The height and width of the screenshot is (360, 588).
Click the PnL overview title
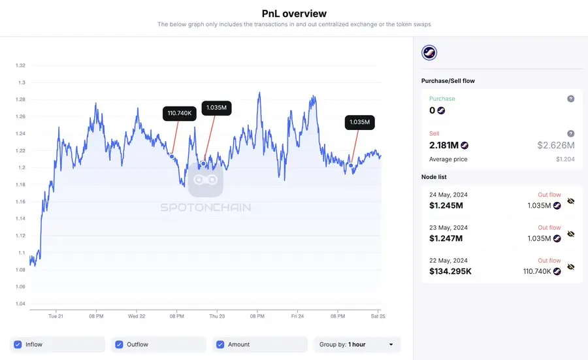[294, 13]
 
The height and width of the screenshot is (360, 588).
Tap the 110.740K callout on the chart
[180, 113]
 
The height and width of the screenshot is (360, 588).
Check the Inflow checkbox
[18, 344]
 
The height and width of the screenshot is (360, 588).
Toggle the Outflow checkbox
[119, 344]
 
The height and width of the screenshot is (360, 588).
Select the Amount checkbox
[220, 344]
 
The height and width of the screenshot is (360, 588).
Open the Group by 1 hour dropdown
[356, 344]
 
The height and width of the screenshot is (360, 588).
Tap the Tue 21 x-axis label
[56, 316]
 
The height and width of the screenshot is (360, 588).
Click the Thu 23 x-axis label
[217, 316]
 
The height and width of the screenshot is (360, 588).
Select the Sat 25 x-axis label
[376, 316]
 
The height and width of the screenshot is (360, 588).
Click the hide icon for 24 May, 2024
[570, 201]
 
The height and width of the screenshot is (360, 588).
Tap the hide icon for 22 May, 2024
[570, 267]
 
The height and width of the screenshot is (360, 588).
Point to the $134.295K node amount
[450, 271]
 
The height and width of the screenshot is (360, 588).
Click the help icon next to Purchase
[570, 99]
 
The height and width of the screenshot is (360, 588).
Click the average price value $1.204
[565, 159]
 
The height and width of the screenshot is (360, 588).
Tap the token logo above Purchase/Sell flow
[429, 53]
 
